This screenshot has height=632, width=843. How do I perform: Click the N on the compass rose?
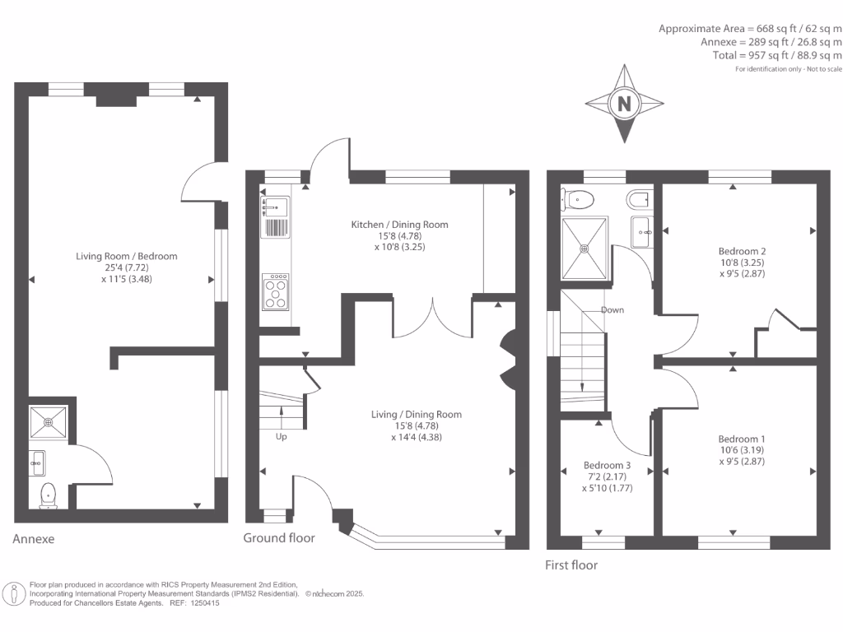coord(624,104)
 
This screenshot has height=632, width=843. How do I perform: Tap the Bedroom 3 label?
coord(607,464)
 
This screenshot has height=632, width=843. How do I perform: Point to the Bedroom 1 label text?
coord(741,439)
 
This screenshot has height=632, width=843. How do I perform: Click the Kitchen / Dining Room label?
coord(399,225)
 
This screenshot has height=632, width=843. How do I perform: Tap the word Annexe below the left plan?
coord(34,540)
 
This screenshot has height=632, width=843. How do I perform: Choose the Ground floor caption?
coord(279,538)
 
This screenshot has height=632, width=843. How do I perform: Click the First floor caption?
coord(571,565)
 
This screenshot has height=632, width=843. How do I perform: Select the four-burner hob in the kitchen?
coord(276,291)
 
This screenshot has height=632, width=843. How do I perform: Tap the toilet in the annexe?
coord(47,494)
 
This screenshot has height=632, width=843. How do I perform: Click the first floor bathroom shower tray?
coord(586,246)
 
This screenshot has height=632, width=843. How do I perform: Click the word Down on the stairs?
coord(612,310)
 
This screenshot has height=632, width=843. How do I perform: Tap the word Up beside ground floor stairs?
coord(282,437)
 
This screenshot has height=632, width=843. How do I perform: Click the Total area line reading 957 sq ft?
coord(777,55)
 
